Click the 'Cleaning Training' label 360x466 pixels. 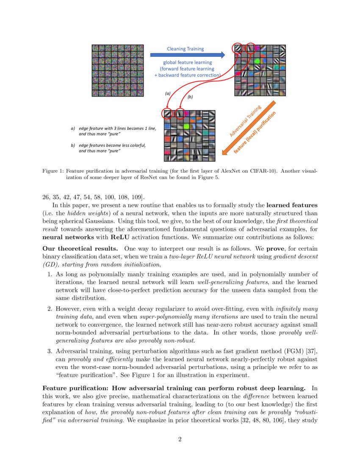[x=185, y=49]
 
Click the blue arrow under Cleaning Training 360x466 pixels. [x=187, y=55]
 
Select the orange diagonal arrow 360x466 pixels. [x=250, y=129]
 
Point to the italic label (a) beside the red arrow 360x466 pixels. [x=167, y=93]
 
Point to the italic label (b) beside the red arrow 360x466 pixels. [x=190, y=97]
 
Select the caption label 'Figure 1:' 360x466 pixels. [x=53, y=171]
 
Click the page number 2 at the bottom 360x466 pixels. [x=180, y=439]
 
